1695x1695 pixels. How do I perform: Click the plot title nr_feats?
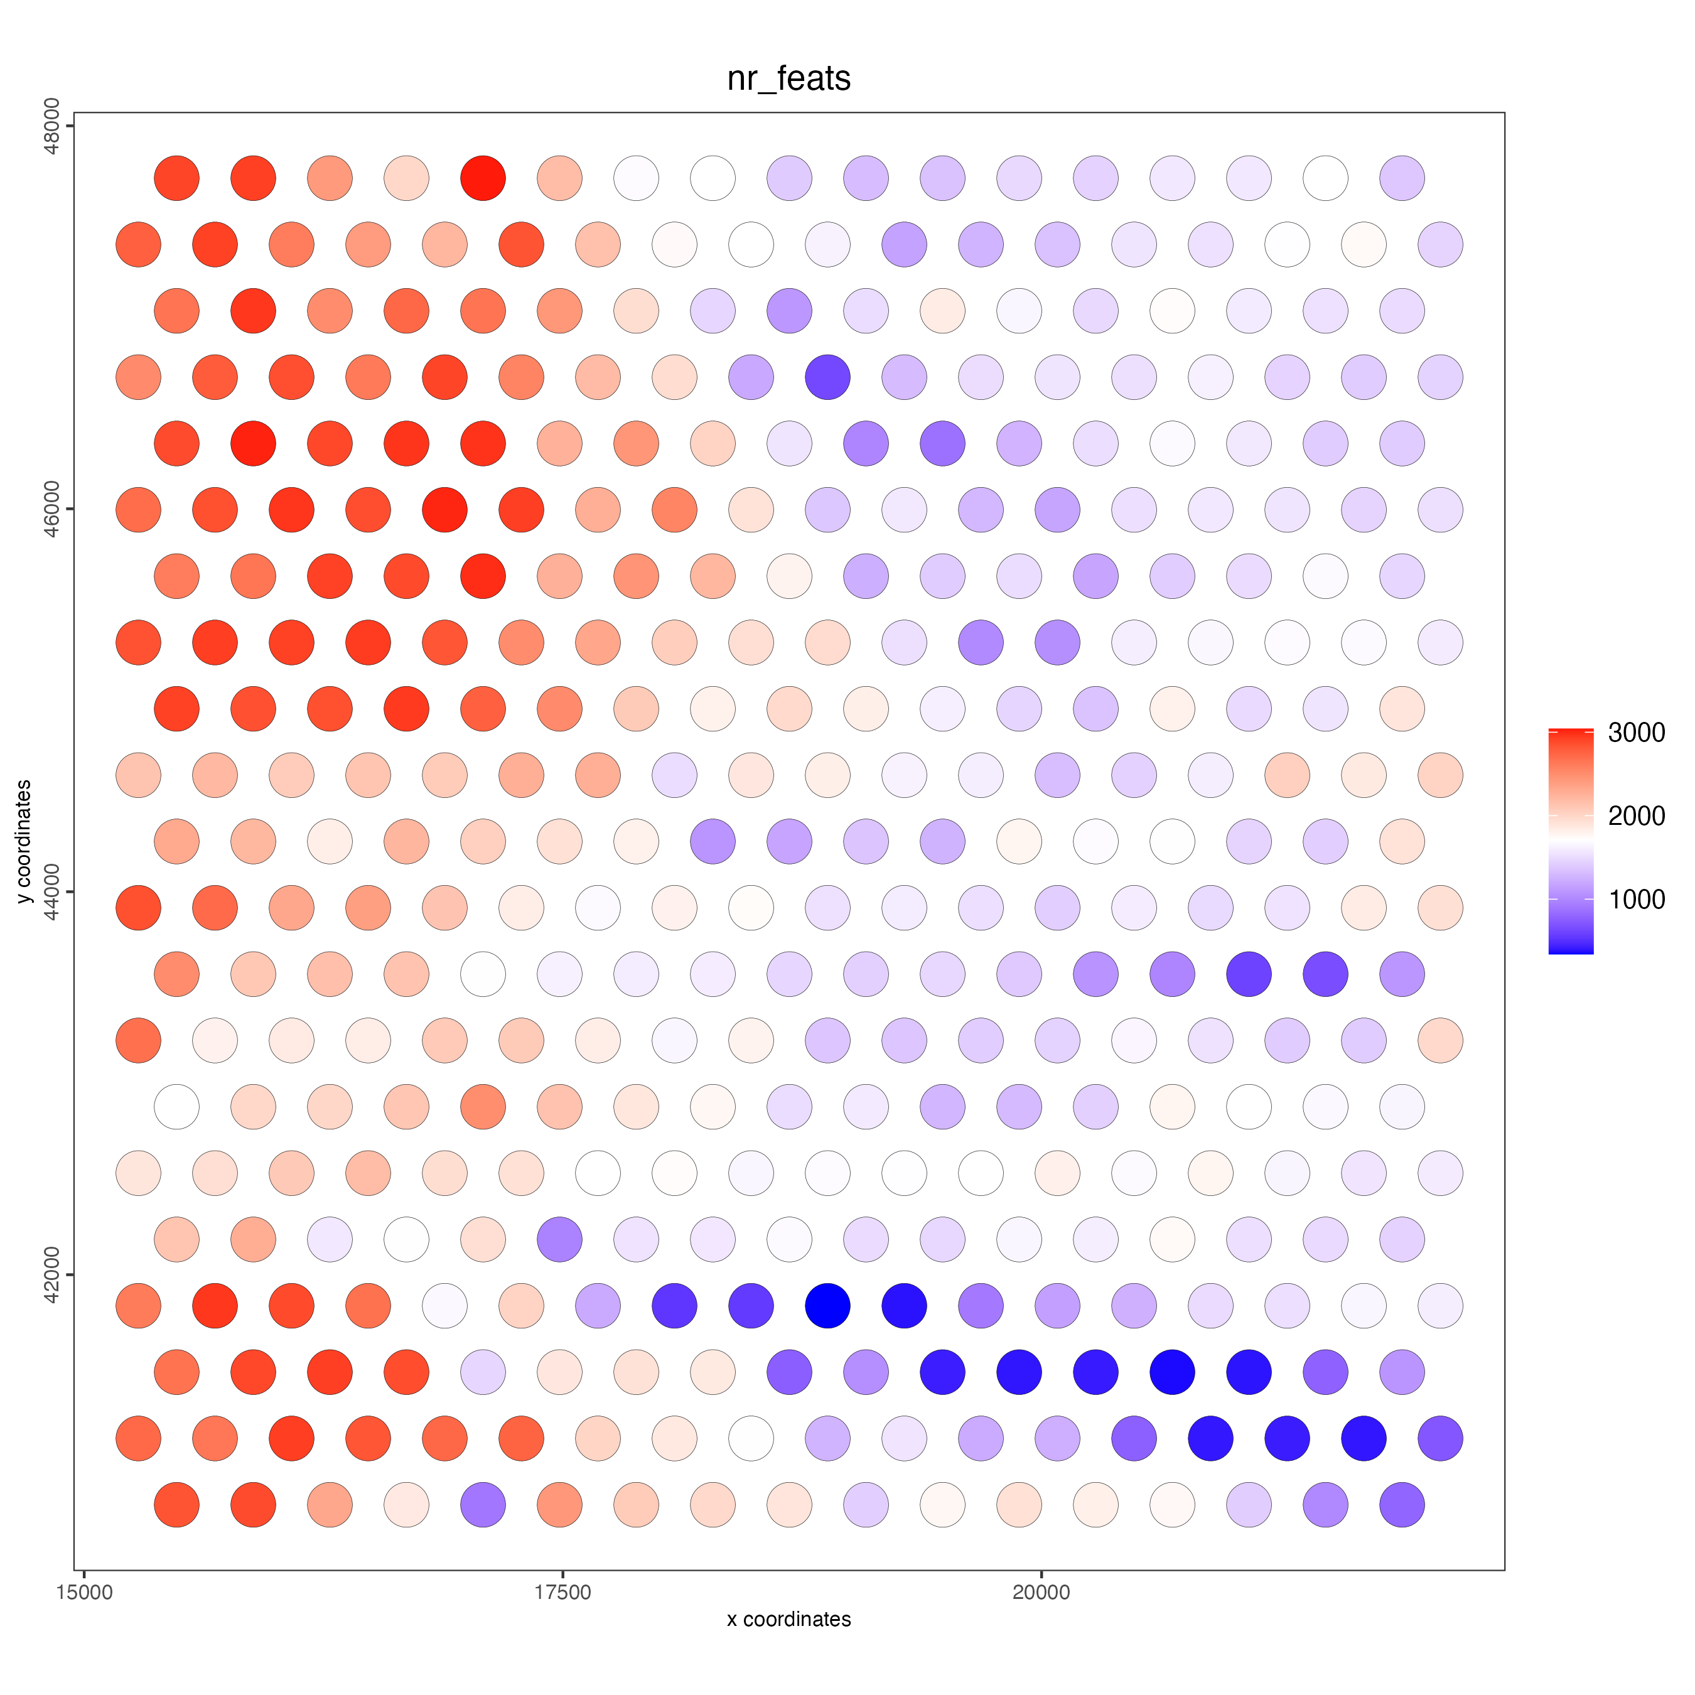(x=788, y=79)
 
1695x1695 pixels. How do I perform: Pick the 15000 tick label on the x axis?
(x=84, y=1592)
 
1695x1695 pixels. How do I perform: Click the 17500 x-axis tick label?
(x=562, y=1592)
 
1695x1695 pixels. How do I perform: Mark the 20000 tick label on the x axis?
(x=1041, y=1592)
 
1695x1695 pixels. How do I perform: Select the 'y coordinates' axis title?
(x=24, y=841)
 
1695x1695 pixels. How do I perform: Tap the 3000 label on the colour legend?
(x=1636, y=733)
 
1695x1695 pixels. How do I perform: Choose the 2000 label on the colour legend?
(x=1636, y=816)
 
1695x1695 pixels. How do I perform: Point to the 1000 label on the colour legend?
(x=1636, y=899)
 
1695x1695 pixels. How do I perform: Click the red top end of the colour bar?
(x=1571, y=733)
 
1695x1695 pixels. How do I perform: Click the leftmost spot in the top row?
(x=176, y=178)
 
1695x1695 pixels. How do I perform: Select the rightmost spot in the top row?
(x=1402, y=178)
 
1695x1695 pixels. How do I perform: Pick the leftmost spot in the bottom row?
(x=176, y=1505)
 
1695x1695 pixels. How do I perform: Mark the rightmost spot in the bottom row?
(x=1402, y=1505)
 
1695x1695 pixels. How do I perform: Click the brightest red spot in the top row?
(x=483, y=178)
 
